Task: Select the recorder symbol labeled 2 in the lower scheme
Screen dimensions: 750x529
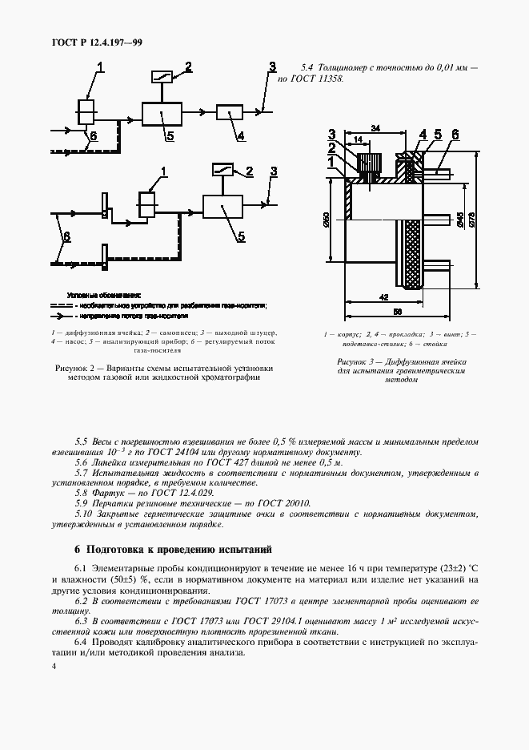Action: [x=222, y=170]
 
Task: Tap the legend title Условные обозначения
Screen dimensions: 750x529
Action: [x=105, y=295]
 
